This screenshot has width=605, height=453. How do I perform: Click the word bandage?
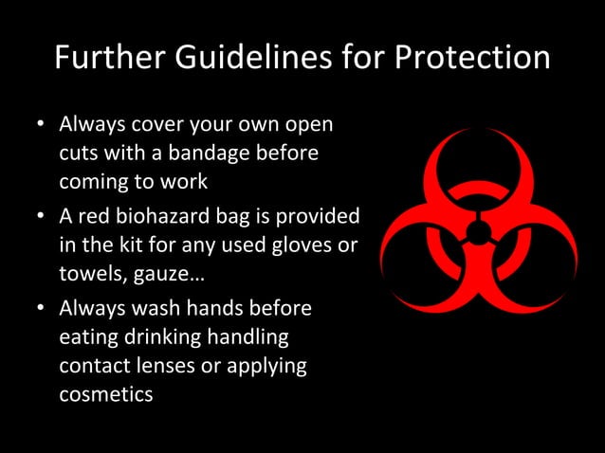(222, 152)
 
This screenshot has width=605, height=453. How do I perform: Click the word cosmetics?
(105, 393)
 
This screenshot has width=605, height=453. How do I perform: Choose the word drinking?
(176, 336)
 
